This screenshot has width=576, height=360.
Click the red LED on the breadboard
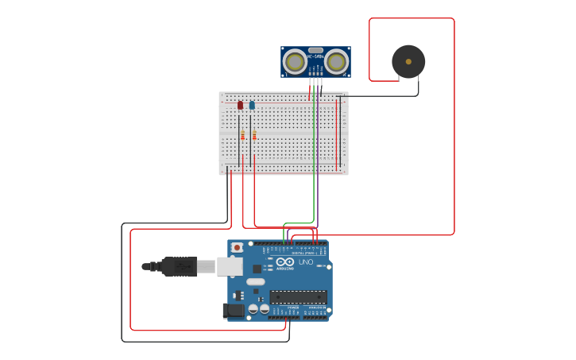pyautogui.click(x=240, y=105)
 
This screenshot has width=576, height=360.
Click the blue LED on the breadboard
pyautogui.click(x=252, y=105)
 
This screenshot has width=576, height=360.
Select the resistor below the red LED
pyautogui.click(x=242, y=135)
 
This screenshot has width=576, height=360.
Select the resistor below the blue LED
pyautogui.click(x=254, y=135)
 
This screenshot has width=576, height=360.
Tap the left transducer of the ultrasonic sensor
pyautogui.click(x=295, y=61)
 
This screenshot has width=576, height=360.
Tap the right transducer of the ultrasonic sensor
pyautogui.click(x=336, y=61)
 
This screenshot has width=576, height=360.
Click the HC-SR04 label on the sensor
pyautogui.click(x=315, y=56)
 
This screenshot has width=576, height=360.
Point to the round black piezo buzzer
pyautogui.click(x=408, y=61)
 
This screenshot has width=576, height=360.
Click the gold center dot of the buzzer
pyautogui.click(x=408, y=61)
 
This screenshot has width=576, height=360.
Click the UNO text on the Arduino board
pyautogui.click(x=306, y=262)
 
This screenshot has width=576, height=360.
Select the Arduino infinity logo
pyautogui.click(x=284, y=261)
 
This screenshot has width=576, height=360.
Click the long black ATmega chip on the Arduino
pyautogui.click(x=298, y=296)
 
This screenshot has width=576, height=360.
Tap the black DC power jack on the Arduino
pyautogui.click(x=234, y=310)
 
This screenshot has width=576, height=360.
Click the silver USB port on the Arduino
pyautogui.click(x=230, y=266)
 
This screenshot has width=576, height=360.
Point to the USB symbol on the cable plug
pyautogui.click(x=180, y=266)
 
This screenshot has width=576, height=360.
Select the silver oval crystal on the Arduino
pyautogui.click(x=255, y=281)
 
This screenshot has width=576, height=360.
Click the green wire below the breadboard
pyautogui.click(x=314, y=199)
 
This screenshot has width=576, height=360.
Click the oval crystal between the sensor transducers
pyautogui.click(x=315, y=49)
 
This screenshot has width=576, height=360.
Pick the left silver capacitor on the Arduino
pyautogui.click(x=253, y=308)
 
